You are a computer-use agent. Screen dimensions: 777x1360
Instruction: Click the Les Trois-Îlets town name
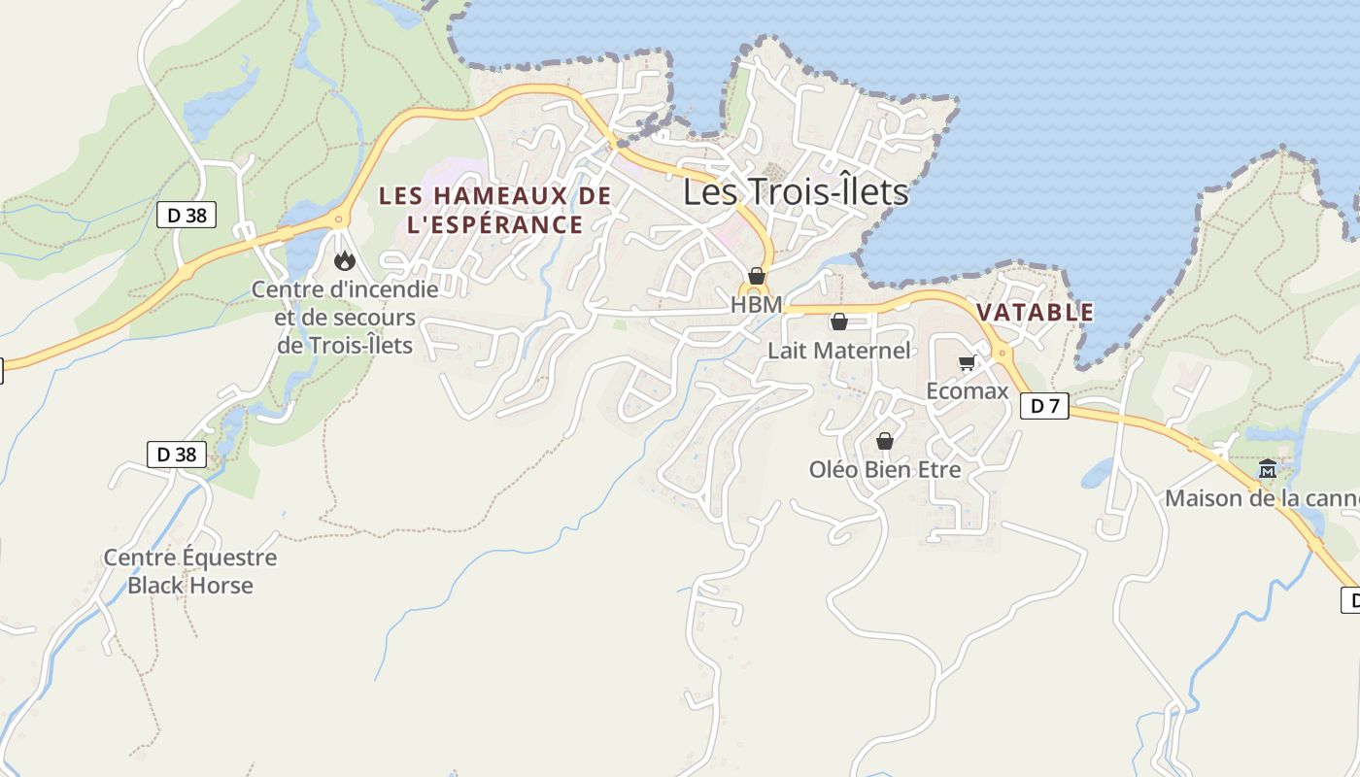tap(796, 192)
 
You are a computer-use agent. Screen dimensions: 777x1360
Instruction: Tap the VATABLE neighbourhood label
tap(1036, 313)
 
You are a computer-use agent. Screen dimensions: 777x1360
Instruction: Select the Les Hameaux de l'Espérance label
tap(494, 210)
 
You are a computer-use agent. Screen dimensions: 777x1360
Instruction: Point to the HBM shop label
tap(756, 305)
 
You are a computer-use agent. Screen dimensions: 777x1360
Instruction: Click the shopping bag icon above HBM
tap(757, 277)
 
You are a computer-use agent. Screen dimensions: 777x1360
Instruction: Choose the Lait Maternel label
tap(839, 351)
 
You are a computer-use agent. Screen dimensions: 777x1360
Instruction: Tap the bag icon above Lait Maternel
tap(839, 321)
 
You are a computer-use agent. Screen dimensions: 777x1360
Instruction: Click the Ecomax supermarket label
tap(968, 390)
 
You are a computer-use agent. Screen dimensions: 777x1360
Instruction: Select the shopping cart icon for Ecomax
tap(967, 363)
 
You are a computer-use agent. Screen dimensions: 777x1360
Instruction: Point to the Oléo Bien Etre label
tap(885, 470)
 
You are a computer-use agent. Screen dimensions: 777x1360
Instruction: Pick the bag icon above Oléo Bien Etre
tap(885, 442)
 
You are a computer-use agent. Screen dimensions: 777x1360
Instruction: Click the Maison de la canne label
tap(1261, 498)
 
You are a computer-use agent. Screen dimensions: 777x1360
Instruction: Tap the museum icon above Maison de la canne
tap(1268, 470)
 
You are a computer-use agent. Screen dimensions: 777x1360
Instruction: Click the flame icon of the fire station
tap(344, 260)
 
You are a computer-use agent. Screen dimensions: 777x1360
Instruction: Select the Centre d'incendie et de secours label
tap(345, 317)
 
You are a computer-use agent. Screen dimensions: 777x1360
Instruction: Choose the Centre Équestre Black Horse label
tap(190, 571)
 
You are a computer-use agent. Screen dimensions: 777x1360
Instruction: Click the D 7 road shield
tap(1044, 406)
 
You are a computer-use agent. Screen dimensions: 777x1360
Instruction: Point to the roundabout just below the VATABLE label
tap(1002, 352)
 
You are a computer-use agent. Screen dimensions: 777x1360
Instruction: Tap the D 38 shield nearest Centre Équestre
tap(177, 454)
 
